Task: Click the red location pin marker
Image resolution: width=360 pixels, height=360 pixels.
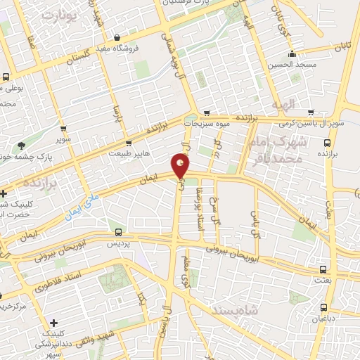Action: pos(180,166)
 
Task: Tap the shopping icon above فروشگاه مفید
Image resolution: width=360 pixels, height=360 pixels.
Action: pos(117,38)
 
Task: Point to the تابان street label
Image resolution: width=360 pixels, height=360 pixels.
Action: pos(342,46)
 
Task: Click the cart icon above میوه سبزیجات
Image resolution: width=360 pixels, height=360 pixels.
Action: pos(206,112)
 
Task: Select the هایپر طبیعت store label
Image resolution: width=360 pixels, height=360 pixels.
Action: pos(134,150)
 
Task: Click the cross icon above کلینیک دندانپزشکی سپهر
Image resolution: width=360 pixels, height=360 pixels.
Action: pos(54,323)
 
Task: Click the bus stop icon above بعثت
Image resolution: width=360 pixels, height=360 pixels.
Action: pos(323,270)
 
